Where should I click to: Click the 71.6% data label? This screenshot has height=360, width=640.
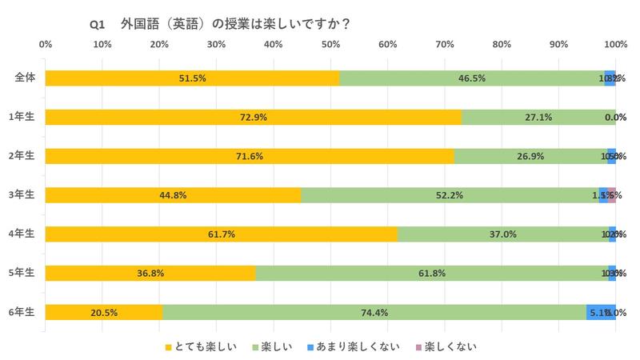coord(250,156)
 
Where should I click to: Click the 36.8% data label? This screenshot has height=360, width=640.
coord(150,273)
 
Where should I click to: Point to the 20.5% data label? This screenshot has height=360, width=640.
coord(104,312)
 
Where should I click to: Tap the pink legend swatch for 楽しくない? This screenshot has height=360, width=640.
coord(418,346)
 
